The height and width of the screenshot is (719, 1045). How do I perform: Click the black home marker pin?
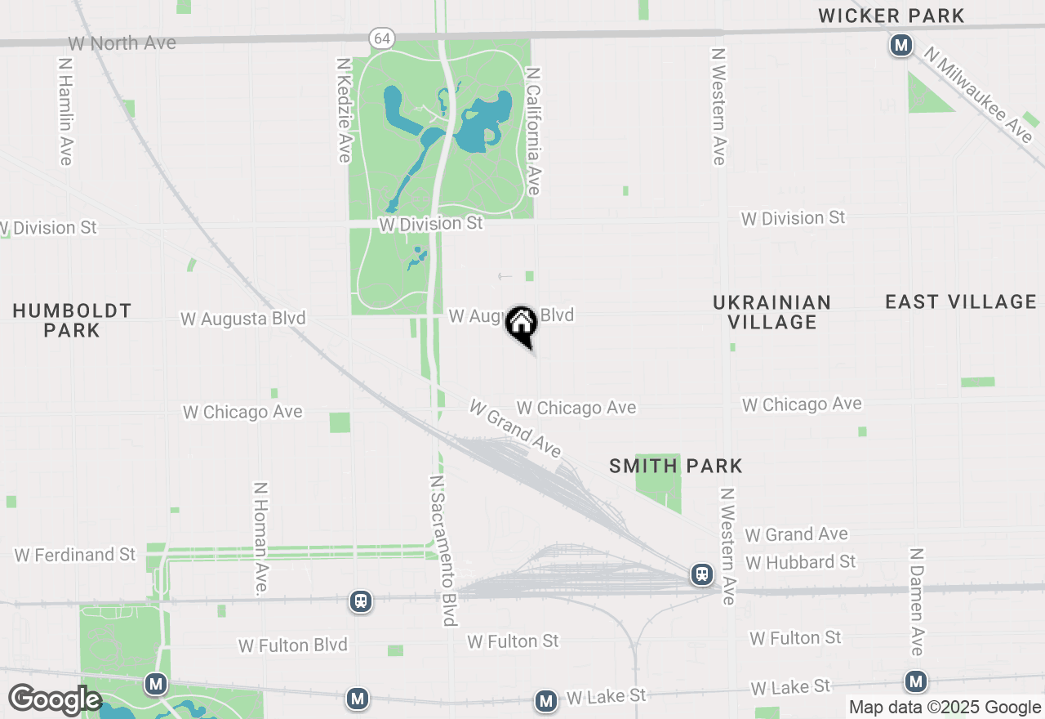click(x=521, y=325)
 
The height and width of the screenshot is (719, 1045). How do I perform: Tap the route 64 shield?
click(x=381, y=38)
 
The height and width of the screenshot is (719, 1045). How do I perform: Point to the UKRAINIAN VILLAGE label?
click(x=772, y=312)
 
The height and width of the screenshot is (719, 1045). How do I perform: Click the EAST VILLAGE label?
click(x=961, y=302)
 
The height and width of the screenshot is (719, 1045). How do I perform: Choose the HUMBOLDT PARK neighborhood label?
click(x=72, y=320)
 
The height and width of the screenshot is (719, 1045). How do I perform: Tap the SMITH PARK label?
click(x=676, y=467)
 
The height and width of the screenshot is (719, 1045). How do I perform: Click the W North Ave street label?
click(x=122, y=43)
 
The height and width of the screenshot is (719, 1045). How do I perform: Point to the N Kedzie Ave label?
click(x=345, y=109)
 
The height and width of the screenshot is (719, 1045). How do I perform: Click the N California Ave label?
click(x=534, y=131)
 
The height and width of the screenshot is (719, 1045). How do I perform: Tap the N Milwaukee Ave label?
click(x=978, y=93)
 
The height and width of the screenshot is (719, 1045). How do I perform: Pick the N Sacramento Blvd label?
click(x=442, y=550)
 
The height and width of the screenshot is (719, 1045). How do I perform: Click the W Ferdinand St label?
click(x=75, y=555)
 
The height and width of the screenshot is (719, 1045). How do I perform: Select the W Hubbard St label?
click(x=800, y=562)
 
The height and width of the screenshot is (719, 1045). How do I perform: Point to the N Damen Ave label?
click(x=916, y=601)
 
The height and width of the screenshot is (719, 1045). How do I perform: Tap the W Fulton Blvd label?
click(x=292, y=645)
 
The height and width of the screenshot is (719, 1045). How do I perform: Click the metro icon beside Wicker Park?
click(x=900, y=46)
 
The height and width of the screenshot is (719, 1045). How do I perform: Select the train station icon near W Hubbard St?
click(x=701, y=574)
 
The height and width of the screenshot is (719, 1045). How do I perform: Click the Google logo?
click(x=55, y=700)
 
